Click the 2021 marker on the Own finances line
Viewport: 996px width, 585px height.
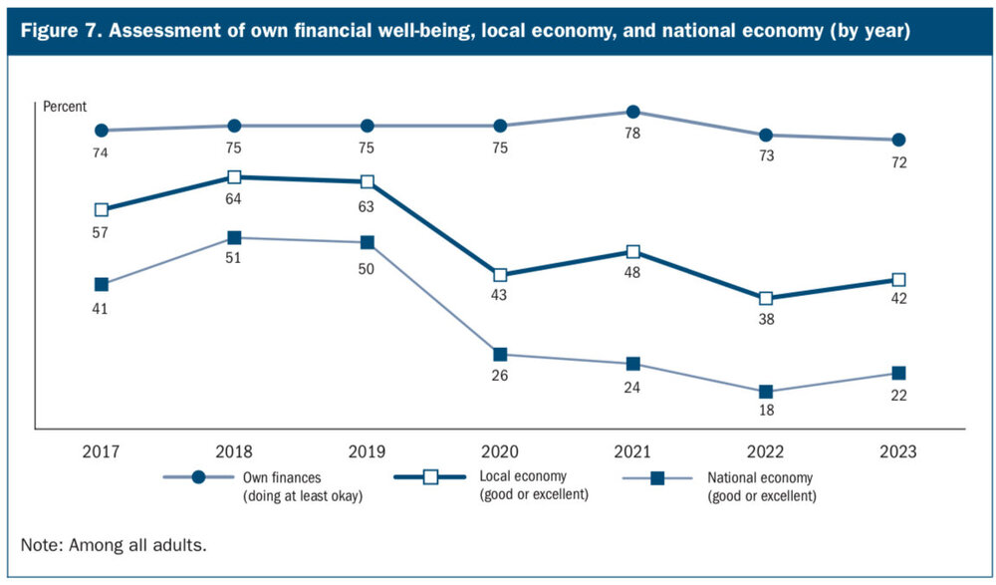[x=632, y=112]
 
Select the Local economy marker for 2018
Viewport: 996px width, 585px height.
[x=234, y=177]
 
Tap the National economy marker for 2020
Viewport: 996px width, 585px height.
[x=500, y=354]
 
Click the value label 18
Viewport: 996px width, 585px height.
[x=766, y=410]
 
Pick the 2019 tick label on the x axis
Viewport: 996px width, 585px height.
[x=367, y=450]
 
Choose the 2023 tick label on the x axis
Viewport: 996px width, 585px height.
[x=898, y=450]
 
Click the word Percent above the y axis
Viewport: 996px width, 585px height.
[x=65, y=106]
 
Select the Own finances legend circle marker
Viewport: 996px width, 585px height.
[x=198, y=478]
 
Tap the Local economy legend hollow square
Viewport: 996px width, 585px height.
[x=432, y=478]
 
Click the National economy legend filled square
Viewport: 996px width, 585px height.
[x=658, y=478]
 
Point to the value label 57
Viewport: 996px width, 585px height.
[x=101, y=232]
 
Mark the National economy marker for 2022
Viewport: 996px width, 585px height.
[x=766, y=392]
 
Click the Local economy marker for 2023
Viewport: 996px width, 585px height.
[x=898, y=280]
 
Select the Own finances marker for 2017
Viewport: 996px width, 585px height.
[x=101, y=131]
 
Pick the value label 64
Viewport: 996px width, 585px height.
[x=234, y=199]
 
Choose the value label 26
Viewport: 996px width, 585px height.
[x=500, y=376]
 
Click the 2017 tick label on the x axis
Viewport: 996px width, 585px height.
[x=101, y=450]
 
